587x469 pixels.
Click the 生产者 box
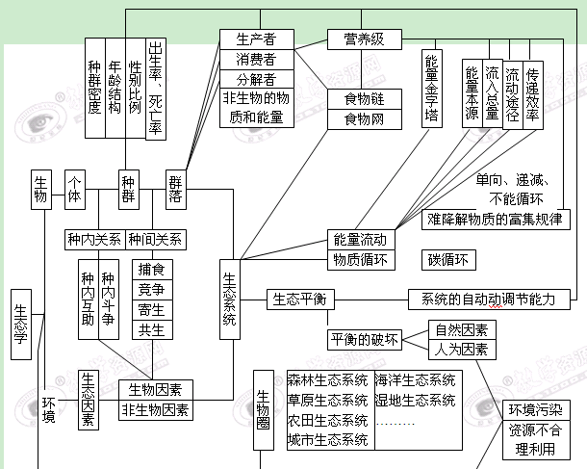pyautogui.click(x=256, y=39)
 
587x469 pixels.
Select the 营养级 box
pyautogui.click(x=358, y=39)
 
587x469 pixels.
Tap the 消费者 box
pyautogui.click(x=256, y=60)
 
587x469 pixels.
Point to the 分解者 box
pyautogui.click(x=256, y=79)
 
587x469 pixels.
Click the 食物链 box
pyautogui.click(x=358, y=99)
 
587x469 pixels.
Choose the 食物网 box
pyautogui.click(x=358, y=119)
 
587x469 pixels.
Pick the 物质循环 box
pyautogui.click(x=360, y=259)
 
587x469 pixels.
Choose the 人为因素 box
pyautogui.click(x=461, y=348)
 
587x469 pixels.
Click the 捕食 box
pyautogui.click(x=150, y=269)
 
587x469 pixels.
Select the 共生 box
pyautogui.click(x=150, y=329)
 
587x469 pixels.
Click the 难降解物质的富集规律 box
pyautogui.click(x=498, y=219)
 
